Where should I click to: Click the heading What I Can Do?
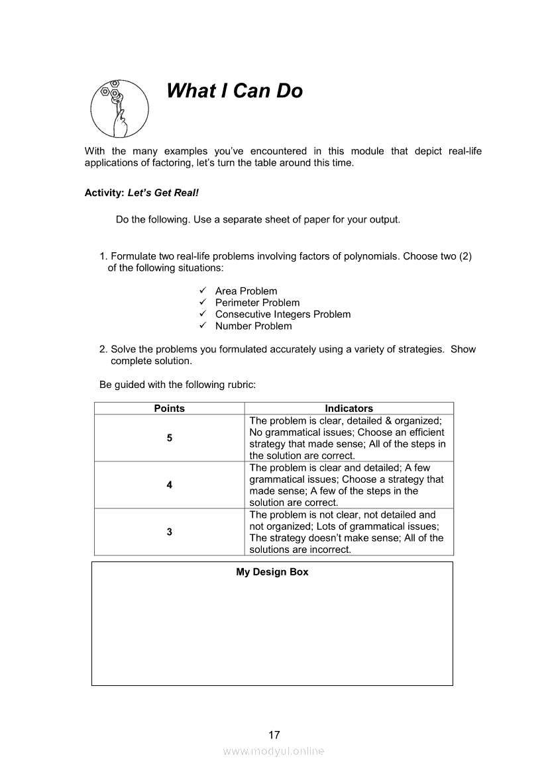[x=235, y=91]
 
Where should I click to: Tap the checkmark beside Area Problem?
[x=203, y=291]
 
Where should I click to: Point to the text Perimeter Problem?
[x=257, y=303]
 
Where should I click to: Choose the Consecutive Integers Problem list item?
[x=282, y=314]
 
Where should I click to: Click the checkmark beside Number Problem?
[x=203, y=326]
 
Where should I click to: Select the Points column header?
[x=169, y=409]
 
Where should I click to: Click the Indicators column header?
[x=349, y=409]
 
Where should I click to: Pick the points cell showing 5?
[x=169, y=438]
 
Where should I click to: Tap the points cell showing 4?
[x=169, y=485]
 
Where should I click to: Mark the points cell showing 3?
[x=169, y=532]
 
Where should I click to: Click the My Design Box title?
[x=272, y=572]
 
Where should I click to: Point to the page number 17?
[x=274, y=735]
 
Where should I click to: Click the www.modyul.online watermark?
[x=274, y=751]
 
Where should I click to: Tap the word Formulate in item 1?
[x=133, y=256]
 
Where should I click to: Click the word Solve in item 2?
[x=123, y=350]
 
